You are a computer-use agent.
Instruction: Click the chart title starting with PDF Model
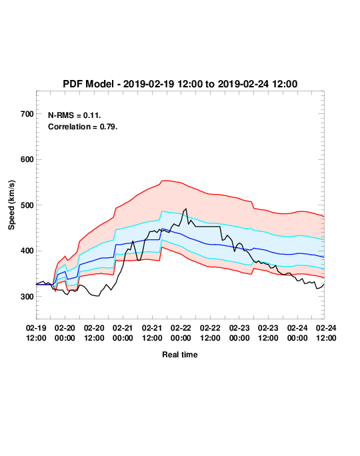(x=180, y=84)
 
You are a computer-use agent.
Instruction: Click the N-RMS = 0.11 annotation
(x=74, y=115)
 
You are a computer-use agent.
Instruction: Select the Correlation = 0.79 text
(x=83, y=127)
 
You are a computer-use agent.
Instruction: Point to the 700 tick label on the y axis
(x=27, y=114)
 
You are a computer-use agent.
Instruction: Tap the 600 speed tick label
(x=27, y=159)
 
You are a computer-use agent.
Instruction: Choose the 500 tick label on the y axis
(x=27, y=205)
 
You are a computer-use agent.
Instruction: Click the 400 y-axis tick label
(x=27, y=251)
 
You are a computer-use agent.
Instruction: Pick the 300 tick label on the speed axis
(x=27, y=297)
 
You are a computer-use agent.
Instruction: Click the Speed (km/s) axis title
(x=11, y=205)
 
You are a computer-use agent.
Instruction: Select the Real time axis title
(x=180, y=355)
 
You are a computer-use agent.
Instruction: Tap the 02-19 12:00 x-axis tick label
(x=36, y=333)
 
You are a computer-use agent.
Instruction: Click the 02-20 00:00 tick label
(x=65, y=333)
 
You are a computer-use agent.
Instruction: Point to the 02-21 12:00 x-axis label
(x=152, y=333)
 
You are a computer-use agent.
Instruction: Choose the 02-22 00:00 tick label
(x=181, y=333)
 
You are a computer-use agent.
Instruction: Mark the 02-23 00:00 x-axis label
(x=239, y=333)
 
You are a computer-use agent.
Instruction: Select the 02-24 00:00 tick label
(x=297, y=333)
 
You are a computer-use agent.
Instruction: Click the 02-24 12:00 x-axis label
(x=326, y=333)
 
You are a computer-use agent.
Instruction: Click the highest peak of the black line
(x=186, y=209)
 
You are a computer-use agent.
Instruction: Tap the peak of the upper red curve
(x=165, y=180)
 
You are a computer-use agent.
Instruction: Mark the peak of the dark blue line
(x=162, y=229)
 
